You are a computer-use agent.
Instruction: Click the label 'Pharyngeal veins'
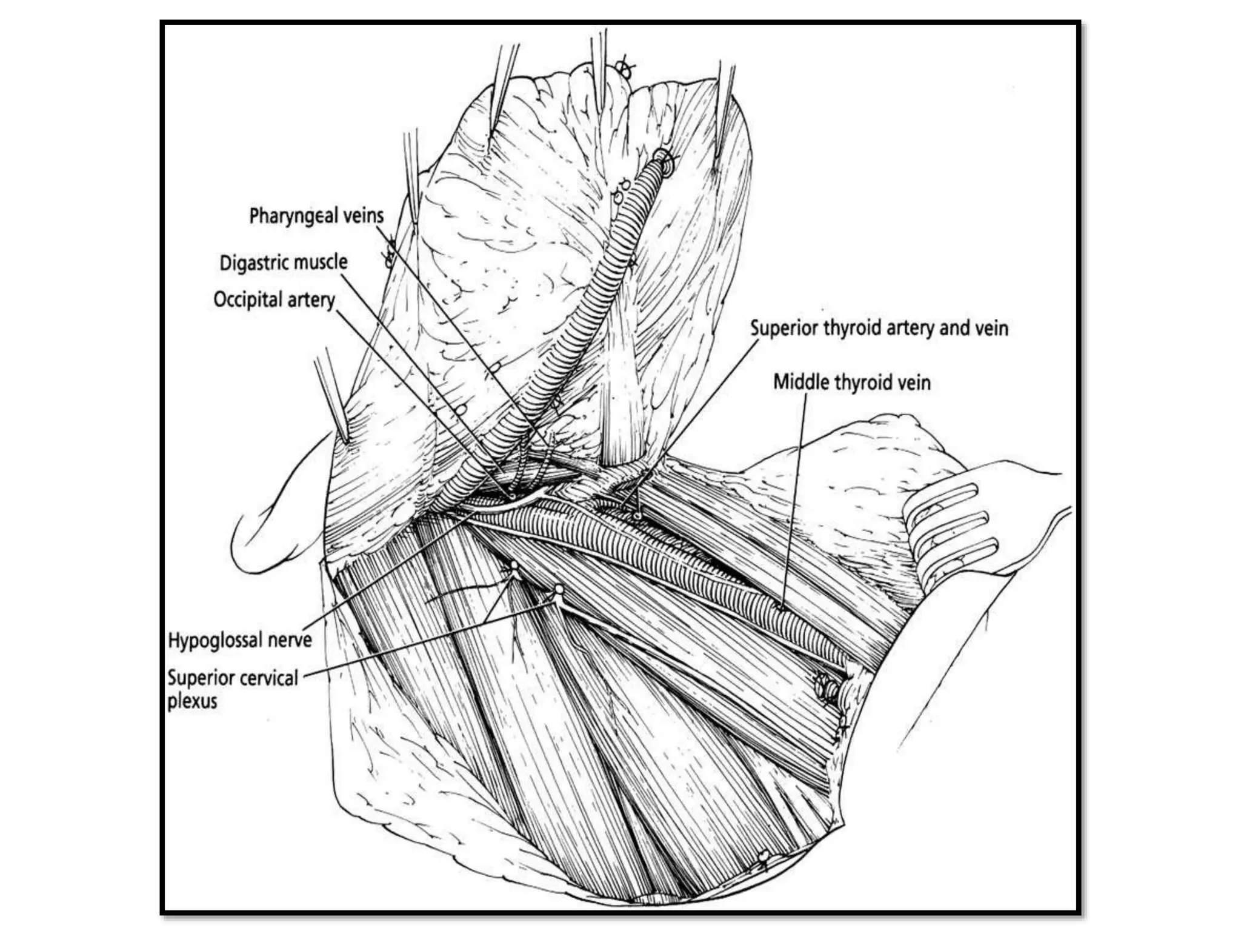click(316, 216)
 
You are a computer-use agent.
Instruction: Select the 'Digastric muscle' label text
click(284, 262)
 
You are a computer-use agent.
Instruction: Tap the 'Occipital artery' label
click(274, 299)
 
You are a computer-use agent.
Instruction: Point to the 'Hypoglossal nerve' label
click(239, 640)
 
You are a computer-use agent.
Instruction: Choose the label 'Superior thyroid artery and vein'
click(879, 328)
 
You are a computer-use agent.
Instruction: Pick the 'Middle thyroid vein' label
click(851, 382)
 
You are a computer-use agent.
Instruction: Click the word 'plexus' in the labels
click(192, 701)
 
